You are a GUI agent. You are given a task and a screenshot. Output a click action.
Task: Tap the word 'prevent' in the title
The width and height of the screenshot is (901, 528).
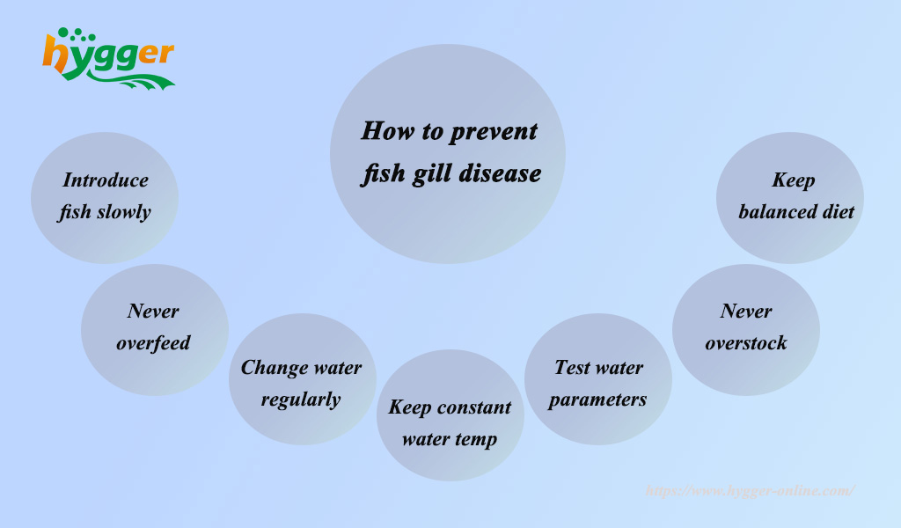tap(493, 132)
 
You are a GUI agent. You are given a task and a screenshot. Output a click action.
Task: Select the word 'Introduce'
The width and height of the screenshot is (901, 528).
tap(106, 180)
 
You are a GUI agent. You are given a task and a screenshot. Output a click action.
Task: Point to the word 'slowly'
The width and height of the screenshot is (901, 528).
tap(123, 212)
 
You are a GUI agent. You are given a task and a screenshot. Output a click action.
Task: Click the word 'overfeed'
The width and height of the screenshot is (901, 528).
tap(153, 343)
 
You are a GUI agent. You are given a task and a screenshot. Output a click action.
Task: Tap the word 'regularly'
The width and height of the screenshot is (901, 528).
tap(301, 400)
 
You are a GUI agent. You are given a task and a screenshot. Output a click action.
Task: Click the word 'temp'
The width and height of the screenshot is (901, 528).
tap(475, 439)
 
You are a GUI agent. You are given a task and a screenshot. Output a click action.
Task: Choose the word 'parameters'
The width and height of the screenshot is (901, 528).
tap(597, 400)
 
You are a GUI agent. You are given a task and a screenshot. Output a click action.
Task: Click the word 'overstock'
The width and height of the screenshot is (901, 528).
tap(746, 343)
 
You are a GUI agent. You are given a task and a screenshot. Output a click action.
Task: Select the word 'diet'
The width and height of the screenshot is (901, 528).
tap(839, 212)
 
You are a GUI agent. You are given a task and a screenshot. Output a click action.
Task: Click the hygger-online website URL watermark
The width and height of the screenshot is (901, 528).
tap(750, 491)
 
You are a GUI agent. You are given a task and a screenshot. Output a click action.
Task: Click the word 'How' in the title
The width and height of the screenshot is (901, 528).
tap(388, 131)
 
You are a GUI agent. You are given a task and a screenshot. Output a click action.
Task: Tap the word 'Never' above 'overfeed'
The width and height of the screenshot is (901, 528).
tap(153, 312)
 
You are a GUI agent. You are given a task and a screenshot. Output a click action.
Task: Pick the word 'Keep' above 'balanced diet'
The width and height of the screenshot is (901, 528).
tap(794, 180)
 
